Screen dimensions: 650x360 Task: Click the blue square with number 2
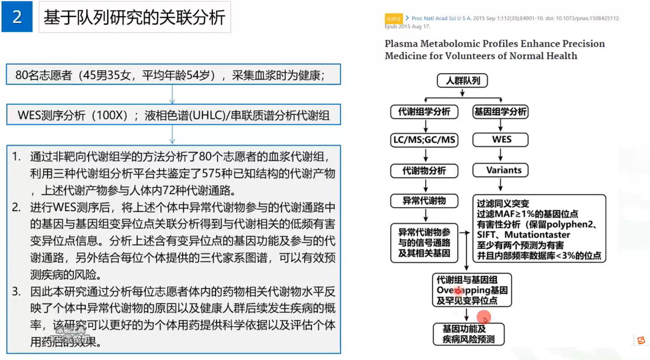click(17, 17)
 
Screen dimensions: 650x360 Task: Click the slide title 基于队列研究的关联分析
click(134, 17)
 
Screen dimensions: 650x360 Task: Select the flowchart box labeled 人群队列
click(462, 80)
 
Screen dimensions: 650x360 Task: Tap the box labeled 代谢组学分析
click(424, 111)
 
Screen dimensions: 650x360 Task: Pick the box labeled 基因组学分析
click(500, 111)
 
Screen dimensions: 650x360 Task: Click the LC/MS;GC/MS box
click(424, 140)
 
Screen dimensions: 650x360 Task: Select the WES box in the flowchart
click(501, 140)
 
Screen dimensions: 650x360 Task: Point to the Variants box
click(501, 170)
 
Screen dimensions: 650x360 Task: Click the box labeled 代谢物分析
click(424, 171)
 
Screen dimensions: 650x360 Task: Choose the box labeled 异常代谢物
click(424, 201)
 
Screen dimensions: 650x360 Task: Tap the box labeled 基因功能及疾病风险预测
click(468, 334)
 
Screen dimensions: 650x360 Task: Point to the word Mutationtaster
click(537, 235)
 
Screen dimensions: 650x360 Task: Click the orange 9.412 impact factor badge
click(394, 18)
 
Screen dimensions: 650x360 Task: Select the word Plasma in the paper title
click(401, 44)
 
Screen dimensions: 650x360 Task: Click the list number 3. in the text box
click(16, 291)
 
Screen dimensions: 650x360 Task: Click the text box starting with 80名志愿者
click(173, 75)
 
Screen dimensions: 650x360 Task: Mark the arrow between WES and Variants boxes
click(501, 155)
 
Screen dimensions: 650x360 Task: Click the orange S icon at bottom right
click(641, 340)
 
